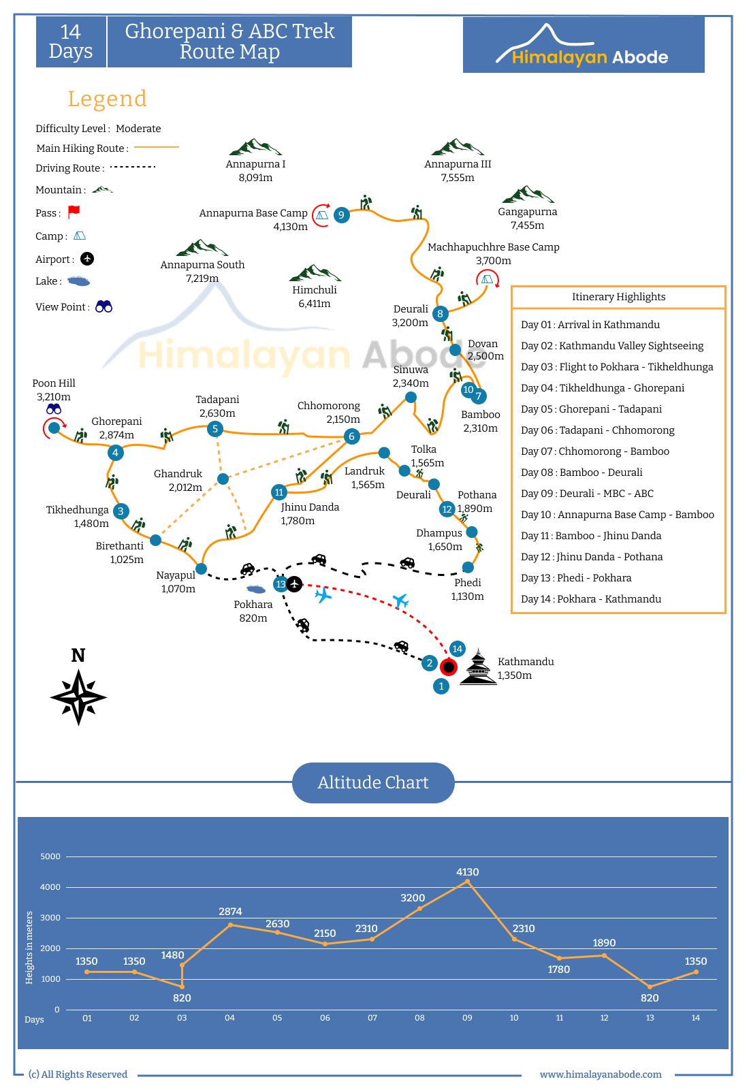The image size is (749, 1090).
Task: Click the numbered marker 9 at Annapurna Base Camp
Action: [x=342, y=214]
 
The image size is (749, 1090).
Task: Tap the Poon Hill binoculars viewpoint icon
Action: [x=54, y=409]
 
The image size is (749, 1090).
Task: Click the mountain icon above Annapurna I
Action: [x=255, y=147]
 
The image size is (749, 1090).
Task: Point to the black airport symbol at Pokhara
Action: [x=294, y=583]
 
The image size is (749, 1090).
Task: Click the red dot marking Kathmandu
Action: [x=448, y=667]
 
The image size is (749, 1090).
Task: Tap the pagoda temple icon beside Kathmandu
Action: [x=479, y=667]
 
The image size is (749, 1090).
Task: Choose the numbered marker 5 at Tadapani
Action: [x=215, y=429]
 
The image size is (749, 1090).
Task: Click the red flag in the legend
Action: [x=74, y=211]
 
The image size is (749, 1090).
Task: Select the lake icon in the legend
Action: [x=78, y=280]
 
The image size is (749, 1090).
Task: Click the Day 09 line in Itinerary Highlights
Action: [x=587, y=494]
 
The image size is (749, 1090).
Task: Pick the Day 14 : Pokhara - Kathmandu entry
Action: [x=591, y=599]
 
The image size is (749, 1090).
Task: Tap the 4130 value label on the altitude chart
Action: [x=467, y=872]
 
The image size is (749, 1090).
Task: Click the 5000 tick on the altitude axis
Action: [x=50, y=856]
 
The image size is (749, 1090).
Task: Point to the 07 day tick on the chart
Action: [x=372, y=1018]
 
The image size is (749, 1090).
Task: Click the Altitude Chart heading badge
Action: [x=373, y=782]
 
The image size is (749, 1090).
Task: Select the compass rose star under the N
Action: [x=78, y=697]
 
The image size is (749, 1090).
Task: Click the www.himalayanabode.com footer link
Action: [x=601, y=1074]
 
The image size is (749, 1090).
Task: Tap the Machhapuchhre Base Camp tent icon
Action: [x=487, y=279]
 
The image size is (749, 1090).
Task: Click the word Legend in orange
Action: [x=107, y=99]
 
